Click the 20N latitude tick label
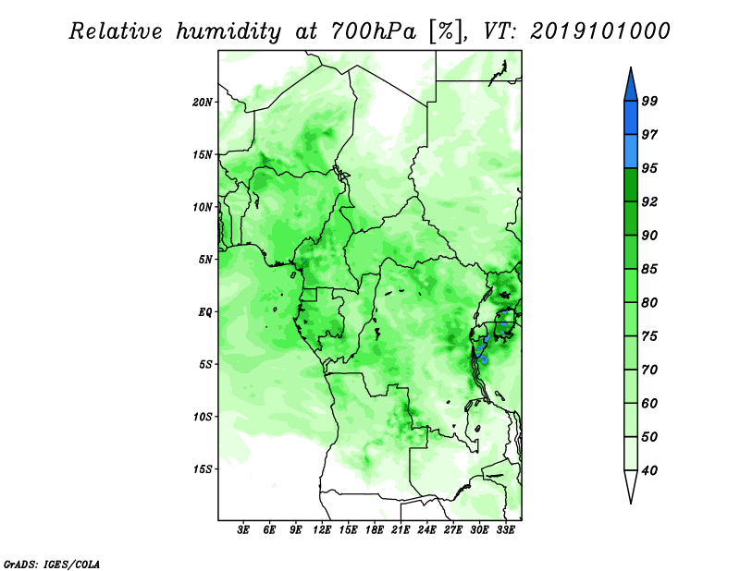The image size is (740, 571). click(203, 103)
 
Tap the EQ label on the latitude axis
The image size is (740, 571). click(205, 312)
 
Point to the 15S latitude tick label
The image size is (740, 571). click(203, 469)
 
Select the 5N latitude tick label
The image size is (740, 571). click(205, 260)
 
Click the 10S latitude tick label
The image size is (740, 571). click(203, 417)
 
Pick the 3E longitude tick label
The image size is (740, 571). click(242, 530)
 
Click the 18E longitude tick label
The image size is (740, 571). click(375, 530)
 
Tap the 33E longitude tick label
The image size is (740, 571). click(505, 530)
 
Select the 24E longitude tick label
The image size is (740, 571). click(426, 530)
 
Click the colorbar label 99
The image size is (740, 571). click(649, 101)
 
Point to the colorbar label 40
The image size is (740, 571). click(649, 470)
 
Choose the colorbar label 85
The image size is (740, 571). click(649, 269)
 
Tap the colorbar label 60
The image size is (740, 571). click(649, 403)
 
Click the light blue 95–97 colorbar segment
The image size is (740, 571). click(631, 152)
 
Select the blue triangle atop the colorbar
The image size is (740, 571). click(631, 85)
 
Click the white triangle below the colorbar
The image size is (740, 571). click(631, 486)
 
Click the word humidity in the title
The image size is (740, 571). click(228, 32)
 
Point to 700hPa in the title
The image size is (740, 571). click(374, 31)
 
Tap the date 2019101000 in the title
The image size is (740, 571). click(599, 31)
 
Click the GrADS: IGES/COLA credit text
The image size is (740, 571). click(52, 565)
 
